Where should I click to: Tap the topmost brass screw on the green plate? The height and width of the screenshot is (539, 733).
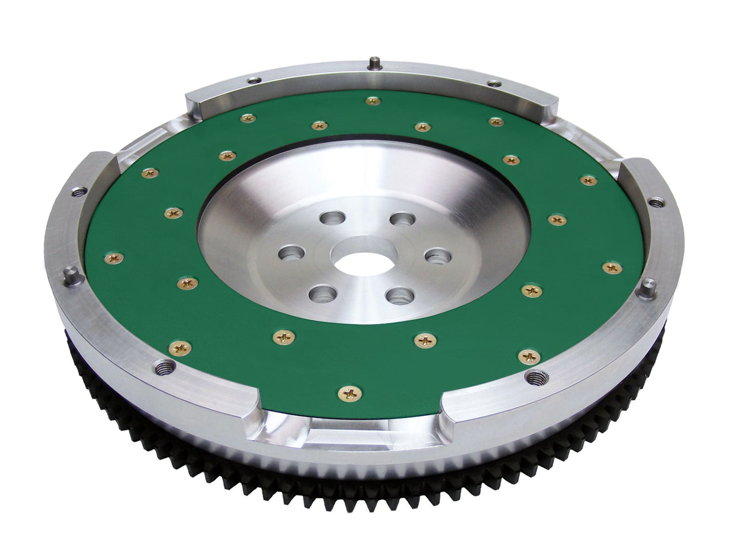[x=373, y=101]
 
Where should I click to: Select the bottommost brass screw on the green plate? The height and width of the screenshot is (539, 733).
[x=350, y=392]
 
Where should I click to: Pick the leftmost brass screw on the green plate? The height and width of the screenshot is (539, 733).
[x=112, y=259]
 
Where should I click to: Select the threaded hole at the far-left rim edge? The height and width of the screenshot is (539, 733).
[x=79, y=192]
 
